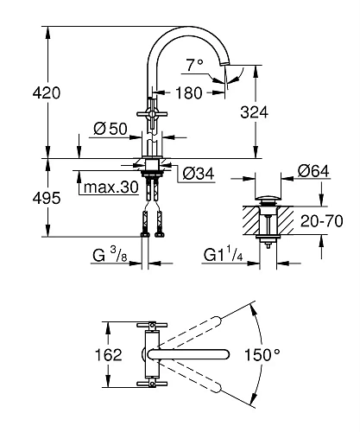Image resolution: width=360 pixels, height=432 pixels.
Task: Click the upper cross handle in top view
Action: (152, 326)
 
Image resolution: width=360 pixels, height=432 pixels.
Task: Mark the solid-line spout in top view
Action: (194, 355)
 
